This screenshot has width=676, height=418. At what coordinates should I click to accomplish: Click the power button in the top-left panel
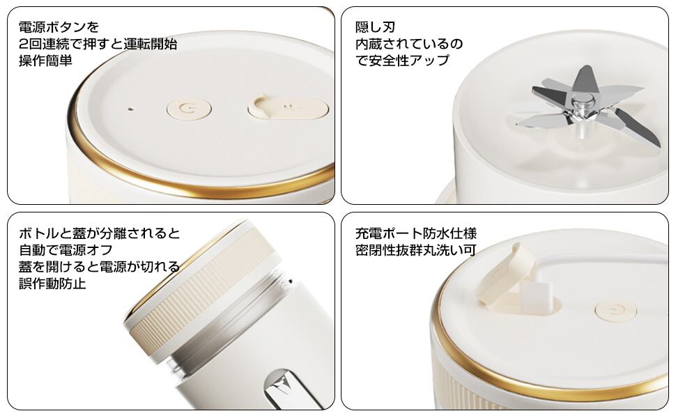pos(189,108)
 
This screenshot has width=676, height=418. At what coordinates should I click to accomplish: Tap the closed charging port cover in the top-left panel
pos(289,108)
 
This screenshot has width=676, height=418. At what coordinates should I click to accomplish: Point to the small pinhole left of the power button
pos(130,109)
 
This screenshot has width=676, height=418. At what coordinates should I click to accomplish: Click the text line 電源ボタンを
pos(59,27)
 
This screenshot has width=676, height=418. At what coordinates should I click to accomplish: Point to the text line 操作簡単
pos(45,61)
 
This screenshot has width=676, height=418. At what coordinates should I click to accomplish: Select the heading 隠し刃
pos(375,27)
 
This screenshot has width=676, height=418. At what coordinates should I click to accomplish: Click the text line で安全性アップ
pos(402,61)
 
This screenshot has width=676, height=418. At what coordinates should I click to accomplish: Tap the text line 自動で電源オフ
pos(66,250)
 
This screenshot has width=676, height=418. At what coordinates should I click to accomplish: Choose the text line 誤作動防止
pos(52,283)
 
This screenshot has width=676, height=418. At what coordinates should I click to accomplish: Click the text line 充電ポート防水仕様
pos(416,233)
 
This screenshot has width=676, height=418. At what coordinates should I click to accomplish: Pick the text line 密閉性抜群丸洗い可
pos(416,250)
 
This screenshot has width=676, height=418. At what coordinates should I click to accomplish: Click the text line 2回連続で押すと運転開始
pos(98,44)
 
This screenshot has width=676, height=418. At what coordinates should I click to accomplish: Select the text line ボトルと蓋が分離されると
pos(100,233)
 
